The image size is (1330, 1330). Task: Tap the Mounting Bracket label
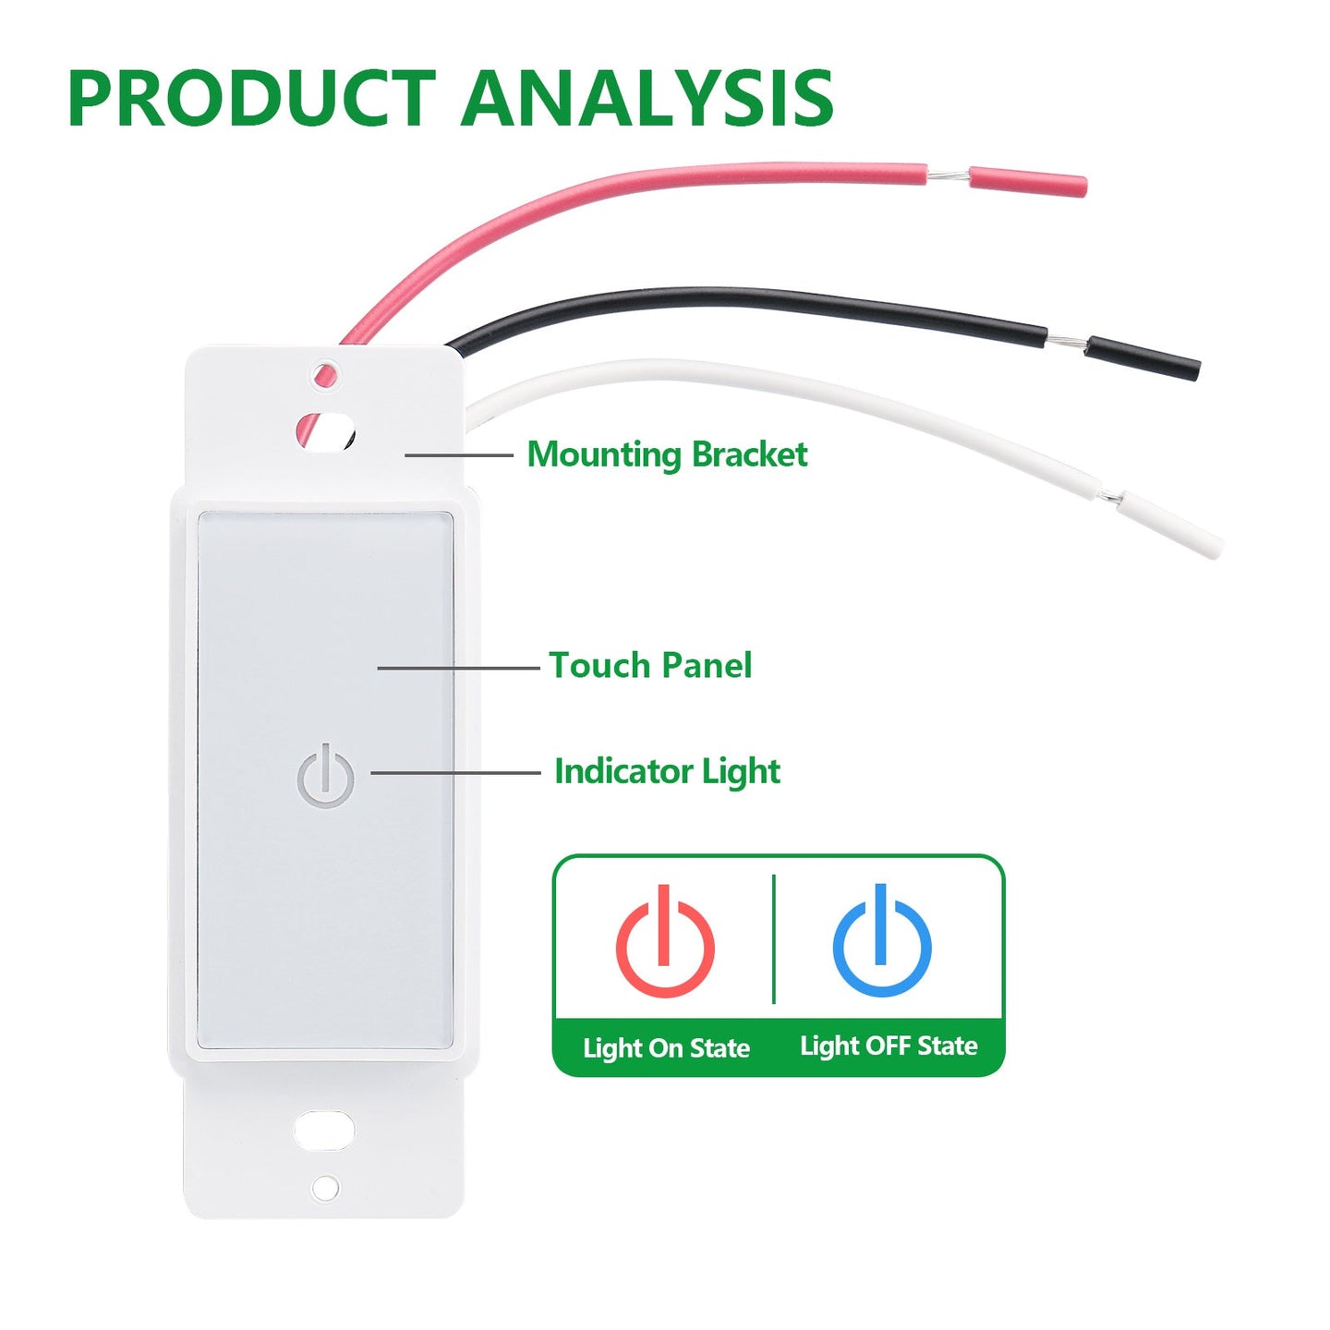667,454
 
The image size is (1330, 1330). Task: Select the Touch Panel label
650,665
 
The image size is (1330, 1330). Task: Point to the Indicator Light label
667,771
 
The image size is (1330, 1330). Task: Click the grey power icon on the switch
325,778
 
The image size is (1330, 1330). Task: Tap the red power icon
665,942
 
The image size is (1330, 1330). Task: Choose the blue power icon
882,942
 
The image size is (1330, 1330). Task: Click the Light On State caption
666,1048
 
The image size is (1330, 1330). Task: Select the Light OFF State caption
889,1046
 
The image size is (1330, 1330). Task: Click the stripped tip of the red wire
948,175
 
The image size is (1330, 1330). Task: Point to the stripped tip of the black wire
1066,343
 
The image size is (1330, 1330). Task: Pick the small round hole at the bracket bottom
325,1188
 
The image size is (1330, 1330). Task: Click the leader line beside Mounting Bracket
458,455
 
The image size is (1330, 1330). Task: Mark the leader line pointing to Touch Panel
458,668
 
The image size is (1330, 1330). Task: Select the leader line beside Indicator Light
455,773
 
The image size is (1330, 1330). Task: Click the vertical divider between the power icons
774,938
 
